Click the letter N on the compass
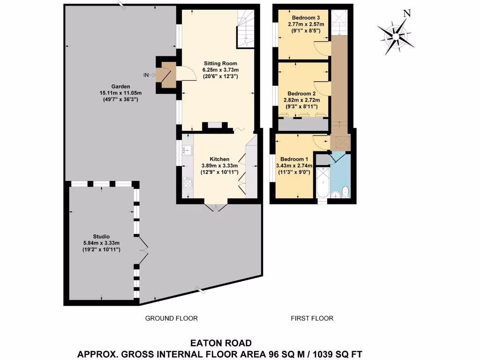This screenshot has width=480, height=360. [x=407, y=14]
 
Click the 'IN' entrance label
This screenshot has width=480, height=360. [x=147, y=75]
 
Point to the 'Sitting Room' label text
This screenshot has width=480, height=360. [x=220, y=63]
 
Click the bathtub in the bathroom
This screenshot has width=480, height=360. [x=322, y=184]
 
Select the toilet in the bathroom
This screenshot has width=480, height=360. [x=345, y=191]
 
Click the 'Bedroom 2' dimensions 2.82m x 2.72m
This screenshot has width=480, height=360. [x=303, y=100]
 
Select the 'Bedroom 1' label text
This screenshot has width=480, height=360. [x=291, y=159]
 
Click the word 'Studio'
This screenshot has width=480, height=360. [x=102, y=236]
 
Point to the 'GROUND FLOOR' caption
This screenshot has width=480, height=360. [x=171, y=318]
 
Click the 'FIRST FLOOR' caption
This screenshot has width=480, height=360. [x=312, y=318]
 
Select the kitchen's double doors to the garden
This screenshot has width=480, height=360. [x=216, y=207]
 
